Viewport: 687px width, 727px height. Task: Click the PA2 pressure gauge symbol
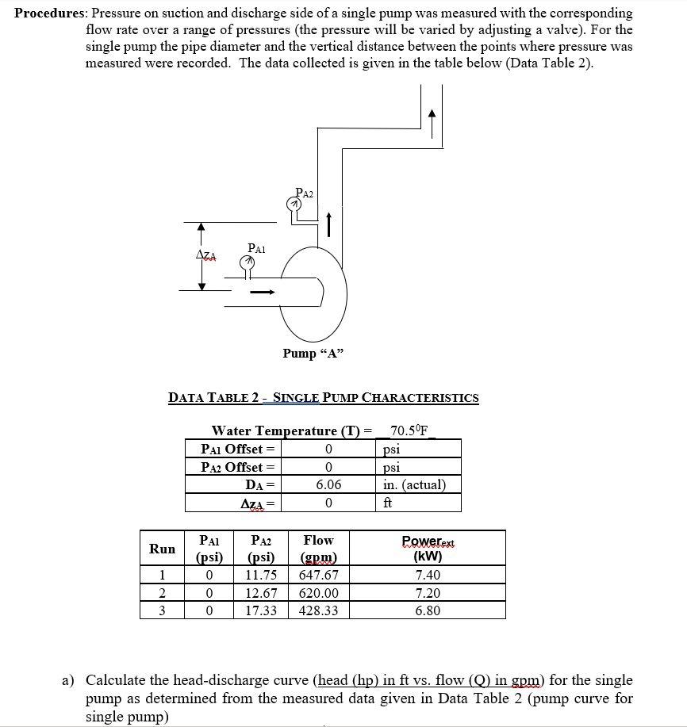pyautogui.click(x=294, y=205)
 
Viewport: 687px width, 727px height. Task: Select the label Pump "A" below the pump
pyautogui.click(x=313, y=354)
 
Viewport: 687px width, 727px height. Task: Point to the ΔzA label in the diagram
pyautogui.click(x=206, y=254)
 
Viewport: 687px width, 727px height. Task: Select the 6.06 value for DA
pyautogui.click(x=328, y=484)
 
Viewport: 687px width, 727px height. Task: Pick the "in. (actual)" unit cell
pyautogui.click(x=414, y=484)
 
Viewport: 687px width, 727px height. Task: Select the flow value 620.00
pyautogui.click(x=319, y=593)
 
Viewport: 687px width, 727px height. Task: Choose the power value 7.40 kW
pyautogui.click(x=428, y=576)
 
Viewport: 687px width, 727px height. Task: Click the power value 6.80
pyautogui.click(x=428, y=610)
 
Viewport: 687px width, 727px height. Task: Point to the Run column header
pyautogui.click(x=163, y=548)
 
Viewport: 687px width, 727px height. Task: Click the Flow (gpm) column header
pyautogui.click(x=319, y=548)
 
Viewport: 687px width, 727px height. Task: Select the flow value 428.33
pyautogui.click(x=319, y=610)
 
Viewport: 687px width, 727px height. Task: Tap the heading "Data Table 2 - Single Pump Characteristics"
pyautogui.click(x=323, y=398)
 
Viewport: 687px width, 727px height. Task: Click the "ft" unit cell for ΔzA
pyautogui.click(x=388, y=503)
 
